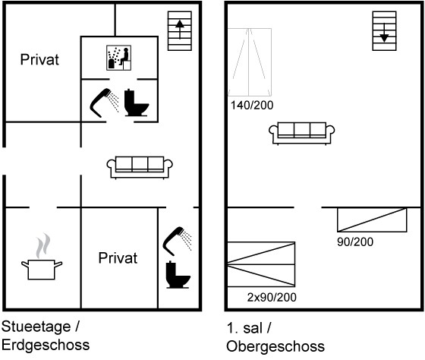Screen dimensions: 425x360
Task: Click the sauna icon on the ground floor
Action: (x=118, y=58)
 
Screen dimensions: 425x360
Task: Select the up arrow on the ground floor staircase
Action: (x=180, y=30)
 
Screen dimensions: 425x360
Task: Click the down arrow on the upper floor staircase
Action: (x=384, y=33)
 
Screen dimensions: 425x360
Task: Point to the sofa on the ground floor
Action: (x=140, y=168)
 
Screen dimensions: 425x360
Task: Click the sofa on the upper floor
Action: (x=302, y=133)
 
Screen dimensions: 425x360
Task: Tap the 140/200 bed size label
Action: (x=252, y=106)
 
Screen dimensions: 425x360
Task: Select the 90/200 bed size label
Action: (x=355, y=242)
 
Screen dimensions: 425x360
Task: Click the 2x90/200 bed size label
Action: (x=272, y=297)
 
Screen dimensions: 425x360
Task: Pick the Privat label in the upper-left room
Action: (x=39, y=60)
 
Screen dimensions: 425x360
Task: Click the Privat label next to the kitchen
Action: (x=118, y=258)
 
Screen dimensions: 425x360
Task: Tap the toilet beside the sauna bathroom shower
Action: (x=137, y=103)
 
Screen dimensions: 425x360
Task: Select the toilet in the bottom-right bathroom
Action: (x=178, y=274)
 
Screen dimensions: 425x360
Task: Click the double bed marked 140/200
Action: (x=250, y=62)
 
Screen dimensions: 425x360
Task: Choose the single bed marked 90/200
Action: (x=372, y=219)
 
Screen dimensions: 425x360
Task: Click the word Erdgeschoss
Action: (x=46, y=345)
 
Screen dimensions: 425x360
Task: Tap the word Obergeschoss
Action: (x=275, y=346)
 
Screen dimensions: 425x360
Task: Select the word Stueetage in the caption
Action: (x=36, y=327)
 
